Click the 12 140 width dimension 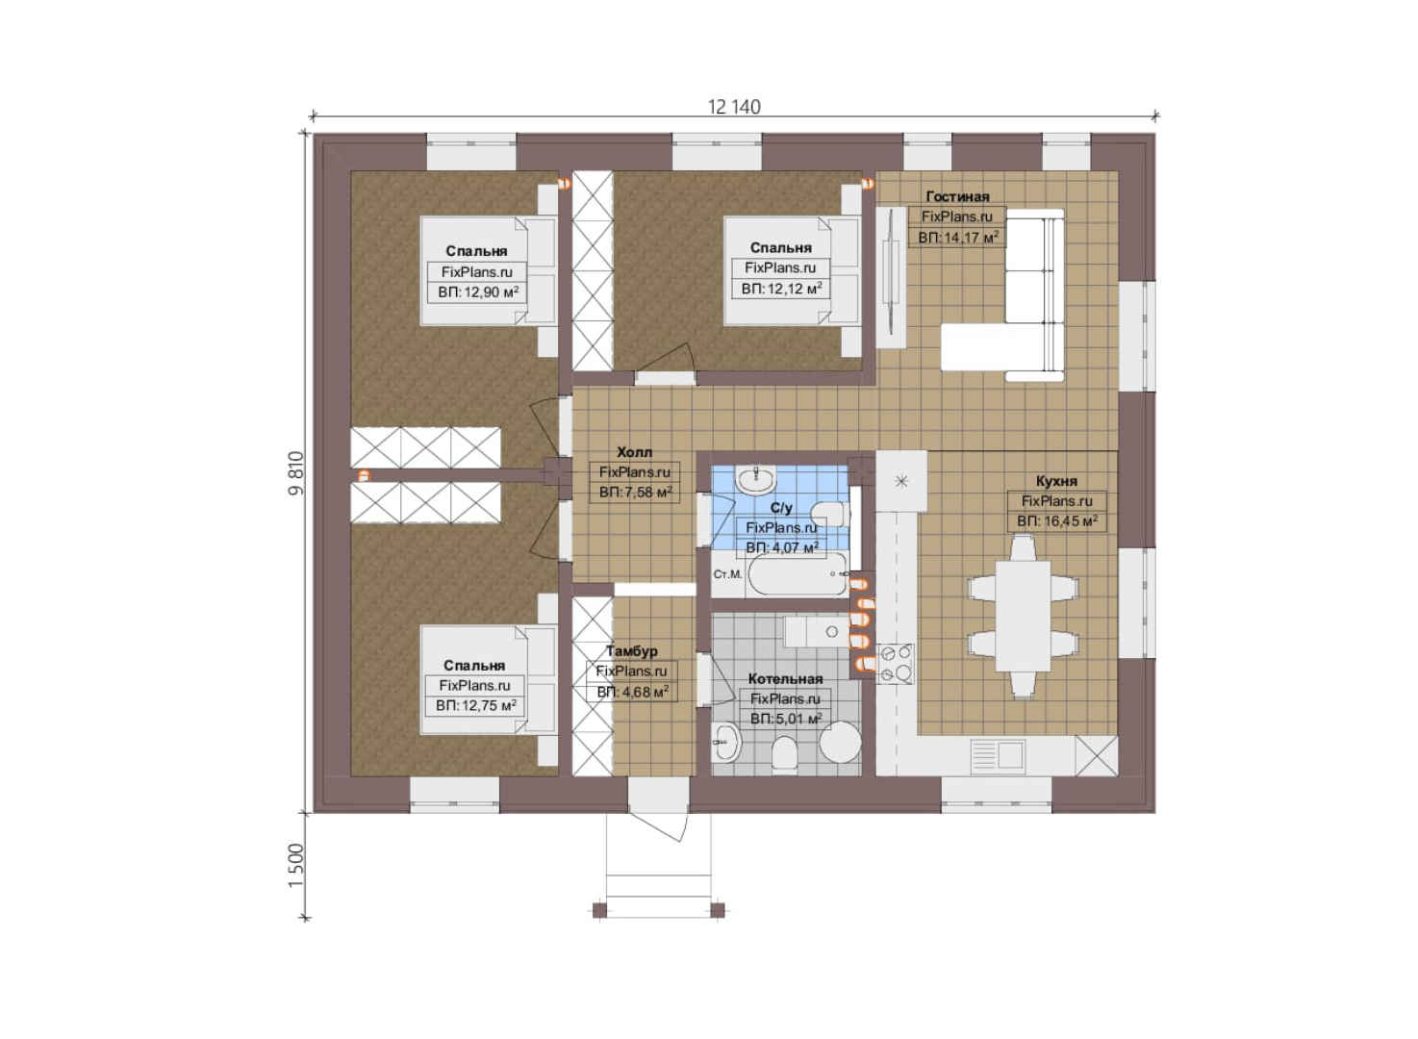tap(734, 107)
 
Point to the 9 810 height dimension tap(296, 473)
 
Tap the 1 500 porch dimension tap(296, 866)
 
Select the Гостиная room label tap(957, 196)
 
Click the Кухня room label tap(1056, 481)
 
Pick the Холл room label tap(634, 452)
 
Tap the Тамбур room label tap(632, 651)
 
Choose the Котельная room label tap(785, 679)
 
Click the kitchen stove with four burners tap(895, 664)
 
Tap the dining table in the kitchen tap(1023, 616)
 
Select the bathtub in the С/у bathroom tap(798, 573)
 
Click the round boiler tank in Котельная tap(840, 742)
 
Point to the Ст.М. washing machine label tap(727, 574)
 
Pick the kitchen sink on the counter tap(998, 754)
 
